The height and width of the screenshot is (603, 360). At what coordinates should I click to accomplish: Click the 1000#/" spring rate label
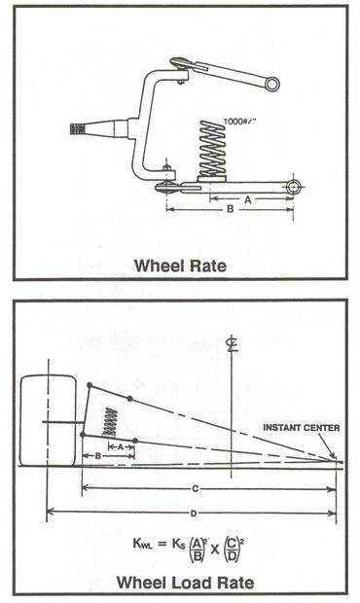click(240, 122)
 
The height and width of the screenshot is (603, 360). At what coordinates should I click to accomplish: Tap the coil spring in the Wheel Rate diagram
click(212, 149)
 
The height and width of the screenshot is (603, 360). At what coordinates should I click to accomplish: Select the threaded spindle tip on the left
click(77, 128)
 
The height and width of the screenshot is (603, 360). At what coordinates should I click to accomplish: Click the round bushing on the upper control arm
click(272, 85)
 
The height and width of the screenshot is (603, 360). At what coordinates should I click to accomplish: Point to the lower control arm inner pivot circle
click(294, 187)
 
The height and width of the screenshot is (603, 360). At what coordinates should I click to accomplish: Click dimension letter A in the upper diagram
click(248, 199)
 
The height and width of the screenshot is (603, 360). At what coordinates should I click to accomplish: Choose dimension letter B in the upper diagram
click(230, 209)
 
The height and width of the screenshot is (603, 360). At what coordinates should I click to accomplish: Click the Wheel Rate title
click(180, 266)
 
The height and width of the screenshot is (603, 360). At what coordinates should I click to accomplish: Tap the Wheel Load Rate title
click(185, 583)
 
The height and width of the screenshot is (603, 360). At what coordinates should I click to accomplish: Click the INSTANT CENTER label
click(302, 428)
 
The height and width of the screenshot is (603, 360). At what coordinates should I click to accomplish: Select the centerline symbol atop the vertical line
click(233, 343)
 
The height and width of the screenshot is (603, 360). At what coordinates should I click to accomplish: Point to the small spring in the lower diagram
click(110, 422)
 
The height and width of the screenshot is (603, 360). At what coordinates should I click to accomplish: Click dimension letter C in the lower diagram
click(195, 489)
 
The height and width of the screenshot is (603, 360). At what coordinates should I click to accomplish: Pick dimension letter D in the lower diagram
click(194, 514)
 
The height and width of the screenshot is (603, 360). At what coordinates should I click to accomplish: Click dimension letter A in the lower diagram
click(121, 446)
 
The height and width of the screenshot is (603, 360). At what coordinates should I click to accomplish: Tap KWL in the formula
click(143, 544)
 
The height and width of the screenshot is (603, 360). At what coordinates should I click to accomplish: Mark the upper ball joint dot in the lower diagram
click(90, 385)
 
